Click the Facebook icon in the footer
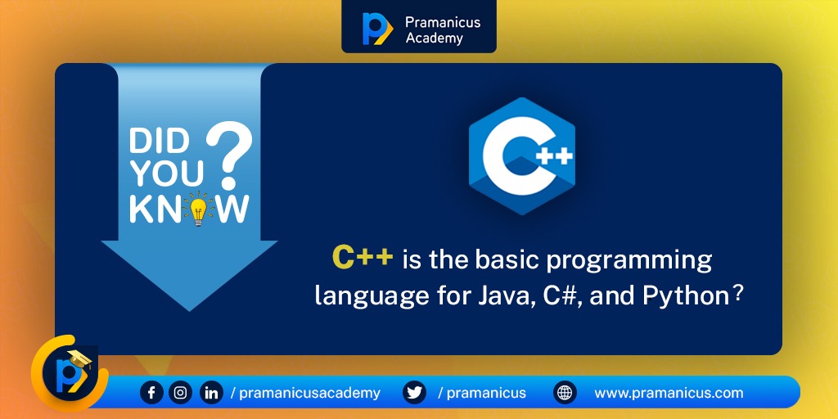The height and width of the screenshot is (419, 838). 151,393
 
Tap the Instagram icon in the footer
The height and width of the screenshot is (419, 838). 181,393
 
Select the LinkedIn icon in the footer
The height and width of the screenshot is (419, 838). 211,393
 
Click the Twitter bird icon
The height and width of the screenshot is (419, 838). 415,393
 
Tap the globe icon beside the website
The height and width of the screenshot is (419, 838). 565,393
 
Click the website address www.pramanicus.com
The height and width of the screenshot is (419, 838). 669,393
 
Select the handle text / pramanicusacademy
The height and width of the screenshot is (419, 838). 305,393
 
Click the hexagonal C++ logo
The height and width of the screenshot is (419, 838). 522,155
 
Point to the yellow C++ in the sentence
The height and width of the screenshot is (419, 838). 363,258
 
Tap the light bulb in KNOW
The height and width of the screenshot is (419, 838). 196,209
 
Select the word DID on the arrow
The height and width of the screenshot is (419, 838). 159,142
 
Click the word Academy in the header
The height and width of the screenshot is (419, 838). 434,38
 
